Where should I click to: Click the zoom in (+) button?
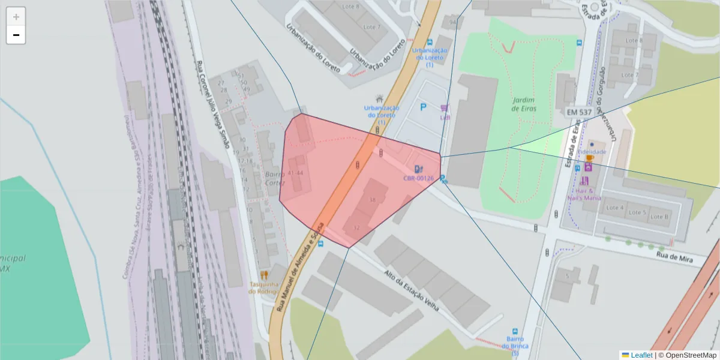click(x=16, y=17)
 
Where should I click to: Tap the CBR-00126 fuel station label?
click(x=418, y=178)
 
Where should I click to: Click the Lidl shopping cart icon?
click(x=444, y=108)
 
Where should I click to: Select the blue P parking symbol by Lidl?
click(x=423, y=107)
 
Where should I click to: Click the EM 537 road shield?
click(x=579, y=112)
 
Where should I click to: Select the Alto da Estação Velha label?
click(x=412, y=290)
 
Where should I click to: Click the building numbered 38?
click(x=373, y=200)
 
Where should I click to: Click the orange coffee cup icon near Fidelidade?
click(x=589, y=158)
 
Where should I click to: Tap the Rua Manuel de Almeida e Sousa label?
click(x=300, y=267)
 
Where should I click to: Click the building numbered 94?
click(x=452, y=23)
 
